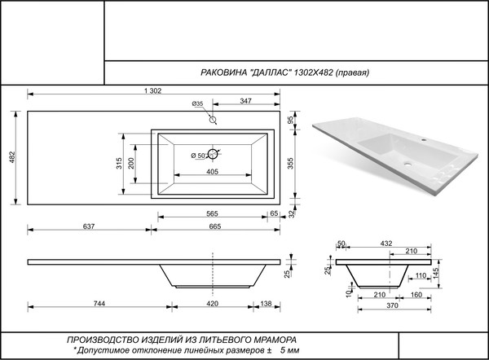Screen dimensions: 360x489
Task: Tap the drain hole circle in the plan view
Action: [x=214, y=154]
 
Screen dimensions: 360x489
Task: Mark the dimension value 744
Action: [x=98, y=303]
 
